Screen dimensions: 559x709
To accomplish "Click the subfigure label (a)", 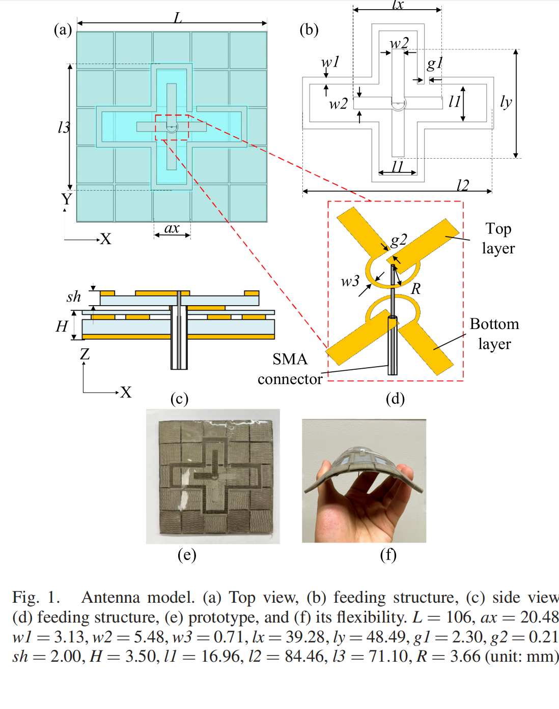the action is coord(63,30).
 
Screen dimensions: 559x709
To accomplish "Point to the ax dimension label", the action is coord(172,228).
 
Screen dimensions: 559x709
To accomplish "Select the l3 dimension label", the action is coord(64,127).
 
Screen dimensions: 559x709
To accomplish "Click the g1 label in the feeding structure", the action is coord(435,64).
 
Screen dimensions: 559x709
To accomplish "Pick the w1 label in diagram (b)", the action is coord(330,62).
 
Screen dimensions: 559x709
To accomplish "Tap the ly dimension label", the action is coord(506,102).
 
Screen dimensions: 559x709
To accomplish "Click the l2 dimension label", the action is coord(463,185).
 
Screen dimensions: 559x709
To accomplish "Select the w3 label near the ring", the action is coord(350,281).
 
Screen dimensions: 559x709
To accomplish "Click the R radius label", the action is coord(415,289).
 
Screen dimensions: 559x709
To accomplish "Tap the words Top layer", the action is coord(498,239).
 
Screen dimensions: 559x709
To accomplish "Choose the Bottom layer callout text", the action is coord(494,334).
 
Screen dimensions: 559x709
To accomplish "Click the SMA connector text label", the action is coord(290,369).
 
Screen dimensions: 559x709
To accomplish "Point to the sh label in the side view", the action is coord(73,297).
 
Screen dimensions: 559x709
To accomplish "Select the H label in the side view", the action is coord(62,327).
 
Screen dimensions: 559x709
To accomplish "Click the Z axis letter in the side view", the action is coord(85,354).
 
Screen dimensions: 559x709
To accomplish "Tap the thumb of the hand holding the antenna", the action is coord(323,470).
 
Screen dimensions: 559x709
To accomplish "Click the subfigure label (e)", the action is coord(187,554).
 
